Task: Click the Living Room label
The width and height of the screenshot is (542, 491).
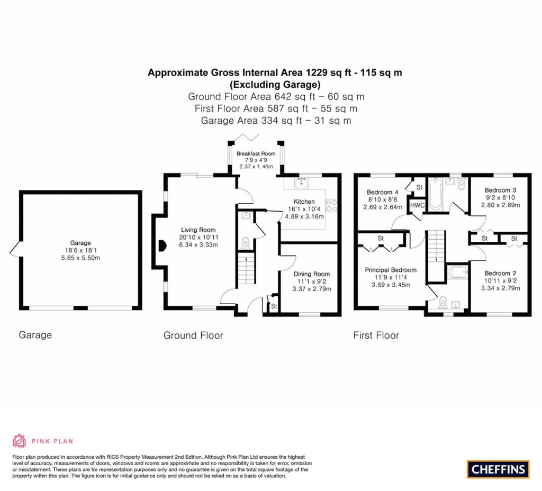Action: [x=198, y=230]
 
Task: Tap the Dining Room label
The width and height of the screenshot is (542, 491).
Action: [x=311, y=274]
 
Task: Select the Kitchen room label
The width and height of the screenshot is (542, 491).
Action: [x=304, y=202]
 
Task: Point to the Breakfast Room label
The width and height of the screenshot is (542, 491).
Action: [x=256, y=154]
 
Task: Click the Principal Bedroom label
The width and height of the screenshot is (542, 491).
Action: [x=391, y=270]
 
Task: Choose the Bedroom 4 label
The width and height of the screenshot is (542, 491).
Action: [x=383, y=192]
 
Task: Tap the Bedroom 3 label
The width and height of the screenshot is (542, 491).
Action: [x=500, y=190]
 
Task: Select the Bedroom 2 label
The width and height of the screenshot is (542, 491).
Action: [x=500, y=273]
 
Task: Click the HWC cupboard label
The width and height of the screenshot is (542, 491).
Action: [x=418, y=205]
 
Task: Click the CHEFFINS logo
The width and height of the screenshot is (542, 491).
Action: [x=498, y=468]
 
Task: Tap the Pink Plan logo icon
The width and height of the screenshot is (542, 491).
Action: [x=19, y=440]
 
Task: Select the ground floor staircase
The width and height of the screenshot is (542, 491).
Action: [x=245, y=268]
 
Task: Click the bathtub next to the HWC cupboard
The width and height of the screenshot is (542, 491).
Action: [x=435, y=194]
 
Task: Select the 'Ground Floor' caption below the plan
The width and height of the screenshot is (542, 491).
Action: [x=193, y=335]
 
